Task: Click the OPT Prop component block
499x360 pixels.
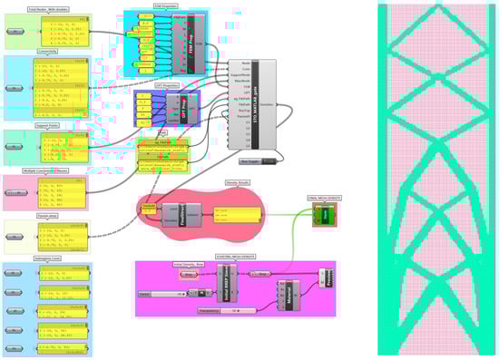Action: (x=181, y=108)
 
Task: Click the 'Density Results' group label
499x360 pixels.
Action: (x=238, y=182)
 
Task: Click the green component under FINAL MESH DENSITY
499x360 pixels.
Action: (x=325, y=215)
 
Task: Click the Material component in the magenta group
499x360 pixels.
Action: (x=289, y=293)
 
